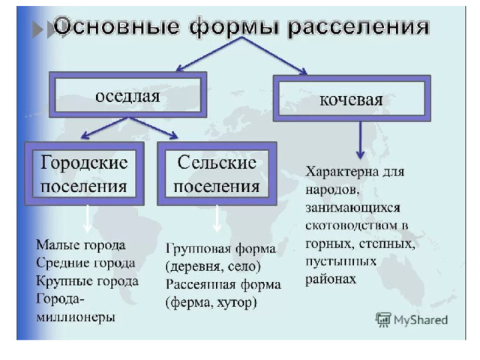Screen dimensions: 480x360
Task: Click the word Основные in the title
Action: (x=116, y=26)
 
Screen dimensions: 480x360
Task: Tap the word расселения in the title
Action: (x=358, y=28)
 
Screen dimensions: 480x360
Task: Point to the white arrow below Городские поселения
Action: (x=88, y=218)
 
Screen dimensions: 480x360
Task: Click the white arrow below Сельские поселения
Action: (x=217, y=218)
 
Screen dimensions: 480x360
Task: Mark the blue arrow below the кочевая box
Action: (x=360, y=140)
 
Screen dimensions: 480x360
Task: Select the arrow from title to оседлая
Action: (x=209, y=54)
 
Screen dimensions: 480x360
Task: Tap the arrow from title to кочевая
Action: (x=274, y=55)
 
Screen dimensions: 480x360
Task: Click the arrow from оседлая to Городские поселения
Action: (x=105, y=127)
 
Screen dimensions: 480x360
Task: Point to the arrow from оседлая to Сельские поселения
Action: (x=153, y=127)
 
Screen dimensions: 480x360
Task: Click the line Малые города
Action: (x=81, y=245)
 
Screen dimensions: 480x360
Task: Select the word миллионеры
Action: (x=76, y=316)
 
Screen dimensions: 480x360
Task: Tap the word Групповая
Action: (x=196, y=248)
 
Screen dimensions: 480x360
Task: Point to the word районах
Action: (x=331, y=279)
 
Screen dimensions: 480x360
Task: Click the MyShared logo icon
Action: (x=382, y=319)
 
